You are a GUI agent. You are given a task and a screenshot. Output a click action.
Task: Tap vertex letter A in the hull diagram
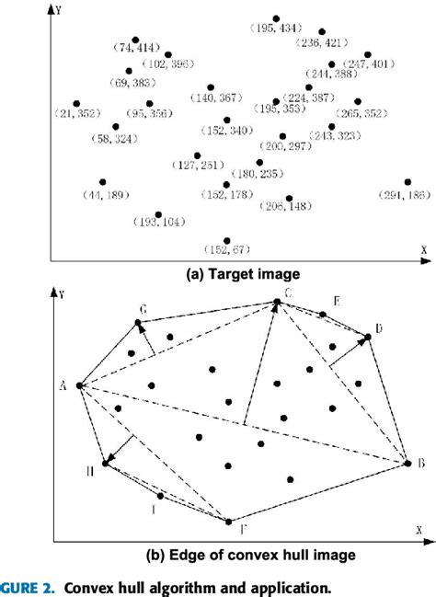[x=63, y=386]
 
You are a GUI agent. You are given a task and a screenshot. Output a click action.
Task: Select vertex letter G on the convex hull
[x=143, y=308]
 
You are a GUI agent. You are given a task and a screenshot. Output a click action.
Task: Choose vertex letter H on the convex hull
[x=90, y=472]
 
